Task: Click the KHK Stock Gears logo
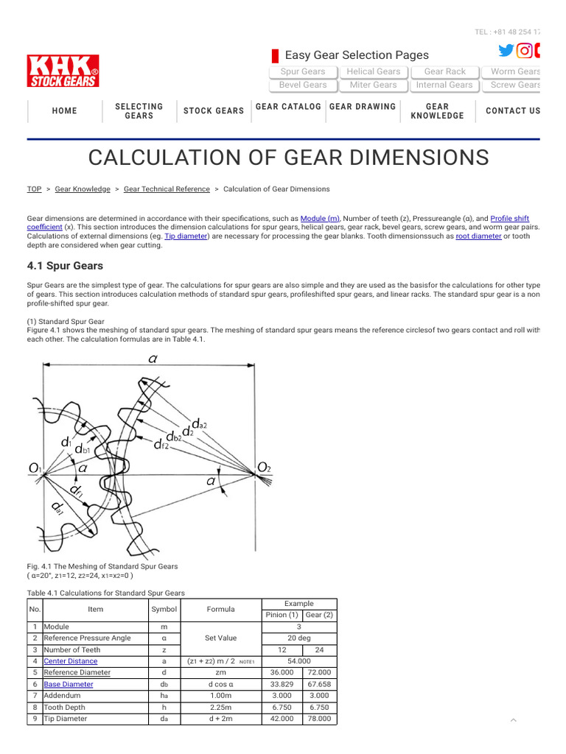(63, 71)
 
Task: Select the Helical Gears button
(373, 71)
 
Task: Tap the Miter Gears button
(373, 85)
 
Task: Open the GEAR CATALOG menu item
(288, 107)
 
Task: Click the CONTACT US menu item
(513, 111)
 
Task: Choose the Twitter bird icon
(506, 51)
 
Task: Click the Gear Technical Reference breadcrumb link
(167, 189)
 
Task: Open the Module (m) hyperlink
(320, 219)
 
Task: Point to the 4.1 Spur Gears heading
(65, 266)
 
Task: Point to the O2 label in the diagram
(263, 468)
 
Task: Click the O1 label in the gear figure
(35, 468)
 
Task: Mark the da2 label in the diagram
(199, 423)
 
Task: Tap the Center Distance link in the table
(70, 661)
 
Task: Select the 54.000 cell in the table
(299, 661)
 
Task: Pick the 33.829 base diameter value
(282, 684)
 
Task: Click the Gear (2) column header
(319, 615)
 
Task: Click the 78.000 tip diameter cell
(319, 719)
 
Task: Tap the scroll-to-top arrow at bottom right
(514, 719)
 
